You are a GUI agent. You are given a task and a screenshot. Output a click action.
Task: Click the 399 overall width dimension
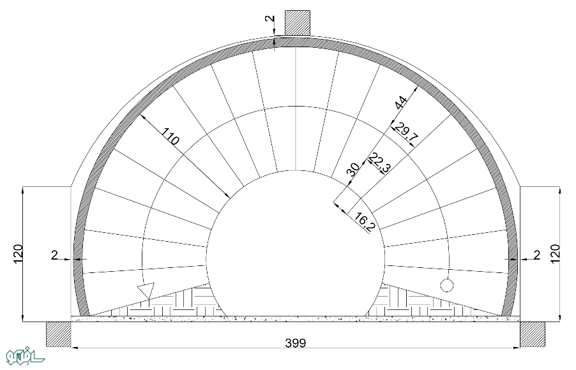[296, 343]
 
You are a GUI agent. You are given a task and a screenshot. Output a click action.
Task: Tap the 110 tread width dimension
[171, 136]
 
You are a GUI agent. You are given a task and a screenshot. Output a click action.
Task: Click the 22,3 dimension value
[380, 163]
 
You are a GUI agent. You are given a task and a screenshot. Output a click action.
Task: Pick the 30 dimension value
[353, 170]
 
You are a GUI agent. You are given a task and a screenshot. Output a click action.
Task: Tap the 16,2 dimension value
[365, 223]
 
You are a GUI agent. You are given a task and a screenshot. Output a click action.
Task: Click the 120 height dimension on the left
[19, 254]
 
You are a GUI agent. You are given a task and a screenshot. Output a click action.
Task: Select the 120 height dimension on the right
[555, 254]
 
